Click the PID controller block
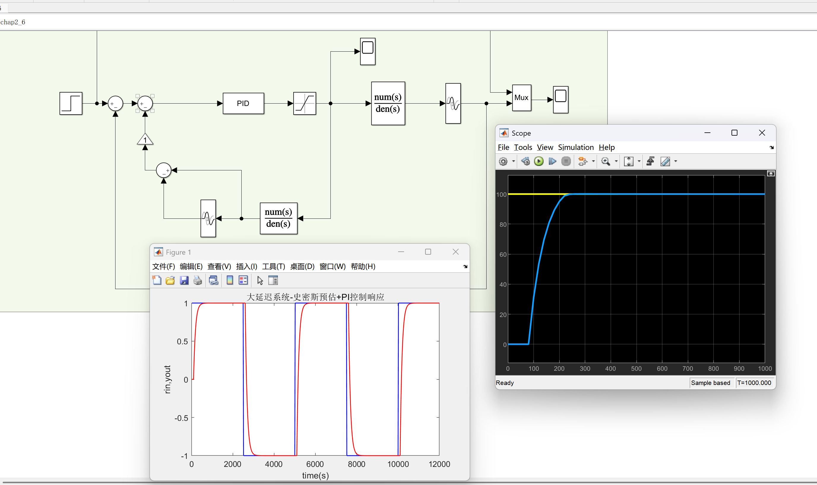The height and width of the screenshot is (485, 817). pos(243,103)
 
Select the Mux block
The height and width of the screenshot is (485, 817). pos(522,98)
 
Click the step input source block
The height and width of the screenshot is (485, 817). pos(71,103)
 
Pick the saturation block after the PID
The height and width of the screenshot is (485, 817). pos(305,103)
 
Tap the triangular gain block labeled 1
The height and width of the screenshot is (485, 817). pos(145,140)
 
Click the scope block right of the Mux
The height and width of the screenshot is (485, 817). pos(561,100)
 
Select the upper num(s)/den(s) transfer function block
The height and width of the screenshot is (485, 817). pos(388,103)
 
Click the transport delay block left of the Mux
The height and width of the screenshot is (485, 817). pos(453,103)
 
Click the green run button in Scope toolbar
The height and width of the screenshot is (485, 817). pos(539,161)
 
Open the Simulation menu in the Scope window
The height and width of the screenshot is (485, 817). pos(576,148)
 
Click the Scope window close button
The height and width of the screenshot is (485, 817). pos(762,133)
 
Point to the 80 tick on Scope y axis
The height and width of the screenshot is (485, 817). pos(503,224)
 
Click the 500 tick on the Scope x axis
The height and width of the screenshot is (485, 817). pos(636,368)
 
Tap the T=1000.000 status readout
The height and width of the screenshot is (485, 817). pos(754,383)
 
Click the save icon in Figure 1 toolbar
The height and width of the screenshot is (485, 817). pos(184,280)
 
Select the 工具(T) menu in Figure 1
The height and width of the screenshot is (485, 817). pos(273,266)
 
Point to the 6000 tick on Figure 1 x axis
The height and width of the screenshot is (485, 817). pos(315,464)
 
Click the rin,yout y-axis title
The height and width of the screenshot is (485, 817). pos(167,379)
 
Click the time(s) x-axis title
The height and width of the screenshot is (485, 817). pos(315,475)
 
